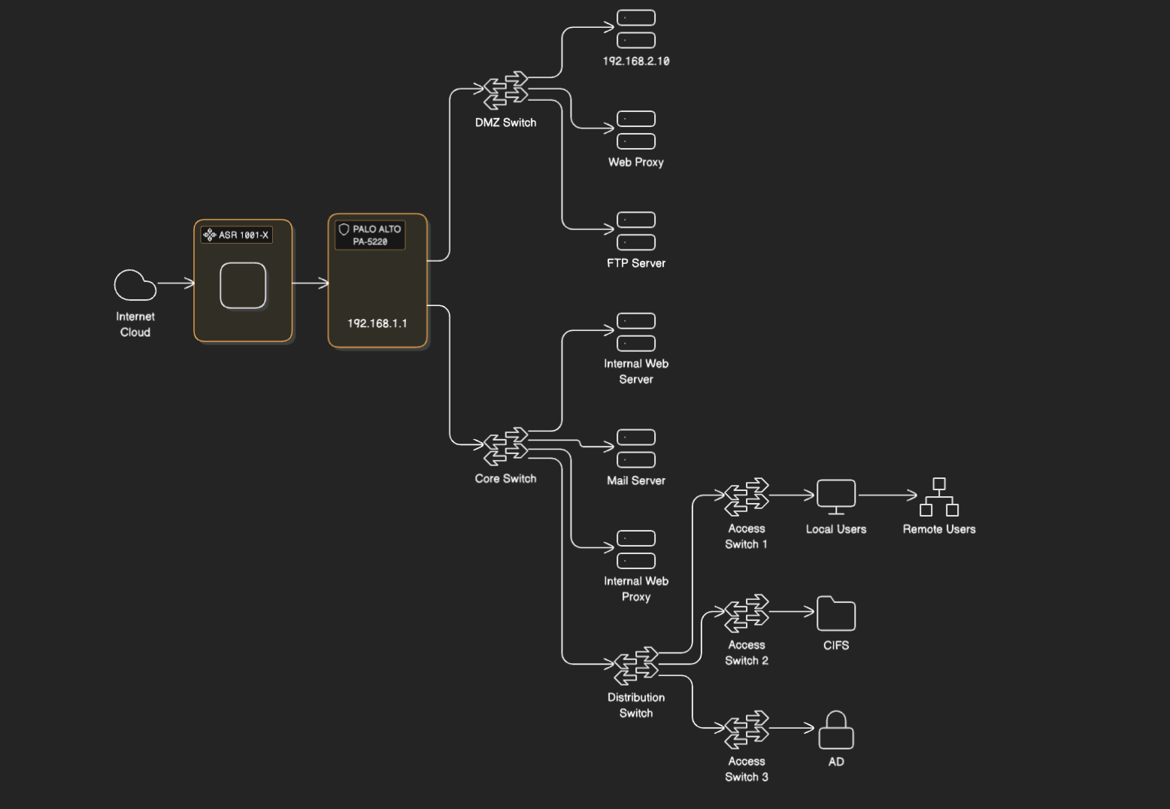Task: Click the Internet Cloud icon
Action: (x=135, y=285)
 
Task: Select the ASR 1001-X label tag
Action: (x=237, y=235)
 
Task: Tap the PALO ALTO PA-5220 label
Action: (x=370, y=235)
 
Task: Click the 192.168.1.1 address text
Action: (x=377, y=323)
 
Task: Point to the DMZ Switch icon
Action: (x=505, y=90)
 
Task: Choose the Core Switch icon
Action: (x=505, y=447)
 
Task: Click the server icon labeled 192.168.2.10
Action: (x=636, y=29)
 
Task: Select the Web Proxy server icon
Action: (x=636, y=130)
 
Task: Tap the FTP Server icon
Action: (x=636, y=231)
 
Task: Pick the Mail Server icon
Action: (x=636, y=449)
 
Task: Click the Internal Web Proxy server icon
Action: (x=636, y=550)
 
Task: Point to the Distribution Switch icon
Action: (x=636, y=666)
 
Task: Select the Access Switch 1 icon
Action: (x=747, y=497)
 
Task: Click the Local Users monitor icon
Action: (x=836, y=497)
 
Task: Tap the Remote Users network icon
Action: (x=939, y=497)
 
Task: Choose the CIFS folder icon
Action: (x=836, y=614)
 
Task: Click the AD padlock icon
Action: (x=836, y=729)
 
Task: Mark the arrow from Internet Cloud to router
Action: (x=176, y=283)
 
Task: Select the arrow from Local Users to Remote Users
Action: (x=888, y=495)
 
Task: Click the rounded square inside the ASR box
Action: (x=243, y=285)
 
